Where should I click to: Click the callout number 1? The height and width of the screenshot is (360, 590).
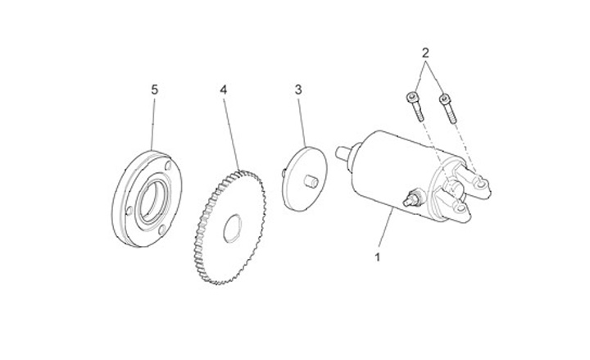point(378,257)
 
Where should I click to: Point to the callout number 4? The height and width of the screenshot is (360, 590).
point(222,89)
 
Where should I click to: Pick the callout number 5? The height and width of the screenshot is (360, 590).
point(153,89)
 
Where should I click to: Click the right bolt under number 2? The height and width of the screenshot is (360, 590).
point(446,107)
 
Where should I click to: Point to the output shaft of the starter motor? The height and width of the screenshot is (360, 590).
point(344,152)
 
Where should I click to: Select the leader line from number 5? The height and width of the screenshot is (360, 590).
point(153,123)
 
